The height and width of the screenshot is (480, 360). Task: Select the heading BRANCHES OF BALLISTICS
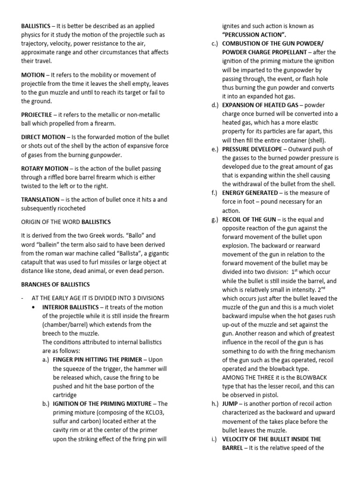click(x=55, y=285)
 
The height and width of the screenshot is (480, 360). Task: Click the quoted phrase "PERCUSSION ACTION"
click(x=254, y=34)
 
